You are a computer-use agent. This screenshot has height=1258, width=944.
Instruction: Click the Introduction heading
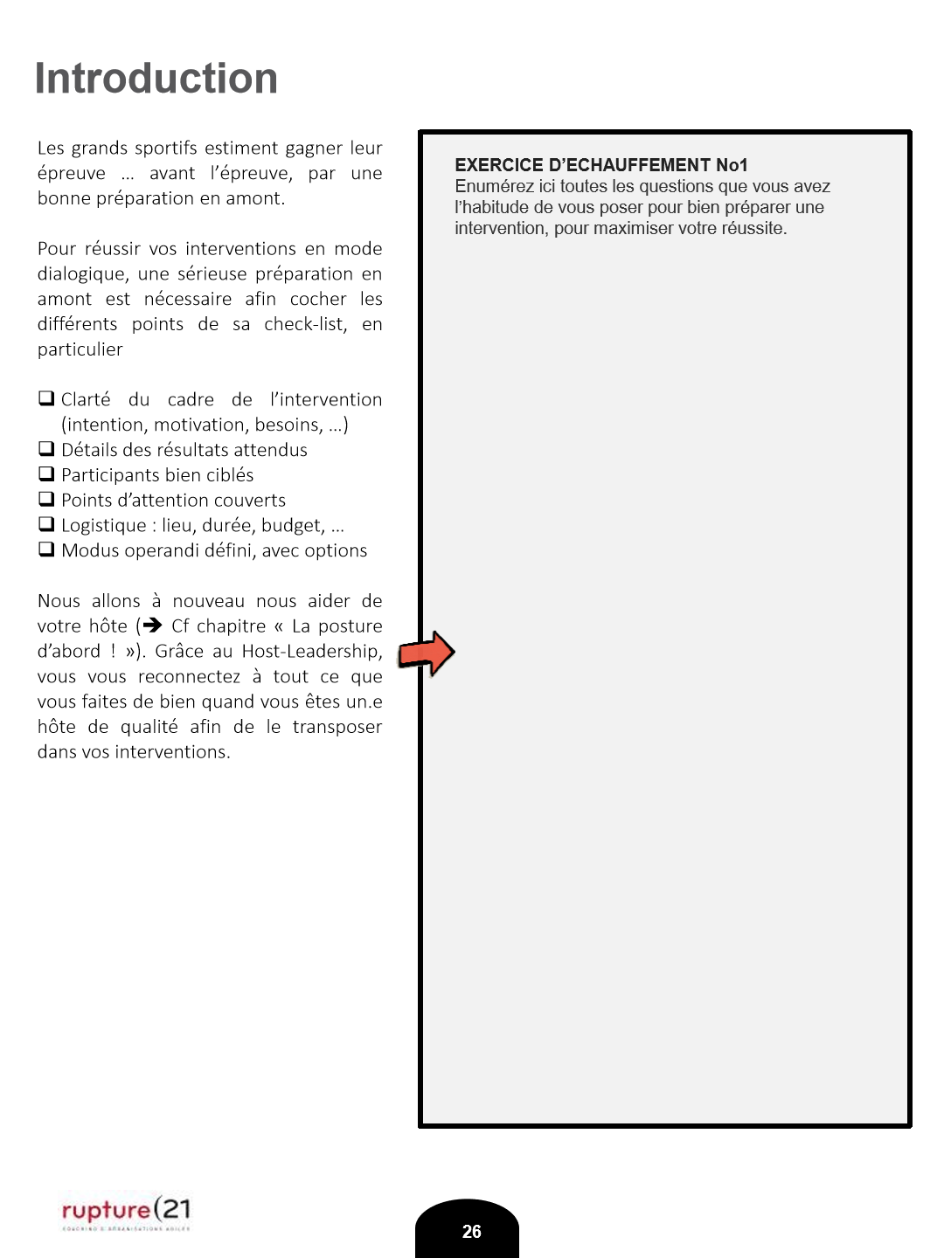(156, 79)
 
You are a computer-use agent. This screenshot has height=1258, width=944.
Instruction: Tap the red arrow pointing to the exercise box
(427, 653)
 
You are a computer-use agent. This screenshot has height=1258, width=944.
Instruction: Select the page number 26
(471, 1232)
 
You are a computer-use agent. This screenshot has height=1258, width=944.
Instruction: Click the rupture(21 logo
(126, 1211)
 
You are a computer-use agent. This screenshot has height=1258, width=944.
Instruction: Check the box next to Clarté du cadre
(46, 398)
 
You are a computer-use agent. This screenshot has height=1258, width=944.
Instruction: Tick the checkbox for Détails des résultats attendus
(46, 449)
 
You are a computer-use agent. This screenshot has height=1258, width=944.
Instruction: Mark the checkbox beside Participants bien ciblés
(46, 474)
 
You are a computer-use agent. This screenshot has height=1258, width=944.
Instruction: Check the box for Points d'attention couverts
(46, 500)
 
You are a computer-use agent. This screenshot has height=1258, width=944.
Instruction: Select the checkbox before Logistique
(46, 524)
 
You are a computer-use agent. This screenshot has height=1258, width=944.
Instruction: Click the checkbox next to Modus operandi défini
(46, 550)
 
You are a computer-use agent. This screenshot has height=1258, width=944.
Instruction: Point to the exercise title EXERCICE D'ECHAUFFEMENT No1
(601, 165)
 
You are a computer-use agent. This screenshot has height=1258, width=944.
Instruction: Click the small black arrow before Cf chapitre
(153, 626)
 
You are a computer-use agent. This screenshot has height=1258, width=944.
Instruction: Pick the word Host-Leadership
(311, 651)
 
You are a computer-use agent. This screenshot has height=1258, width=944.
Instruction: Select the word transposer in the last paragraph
(337, 727)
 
